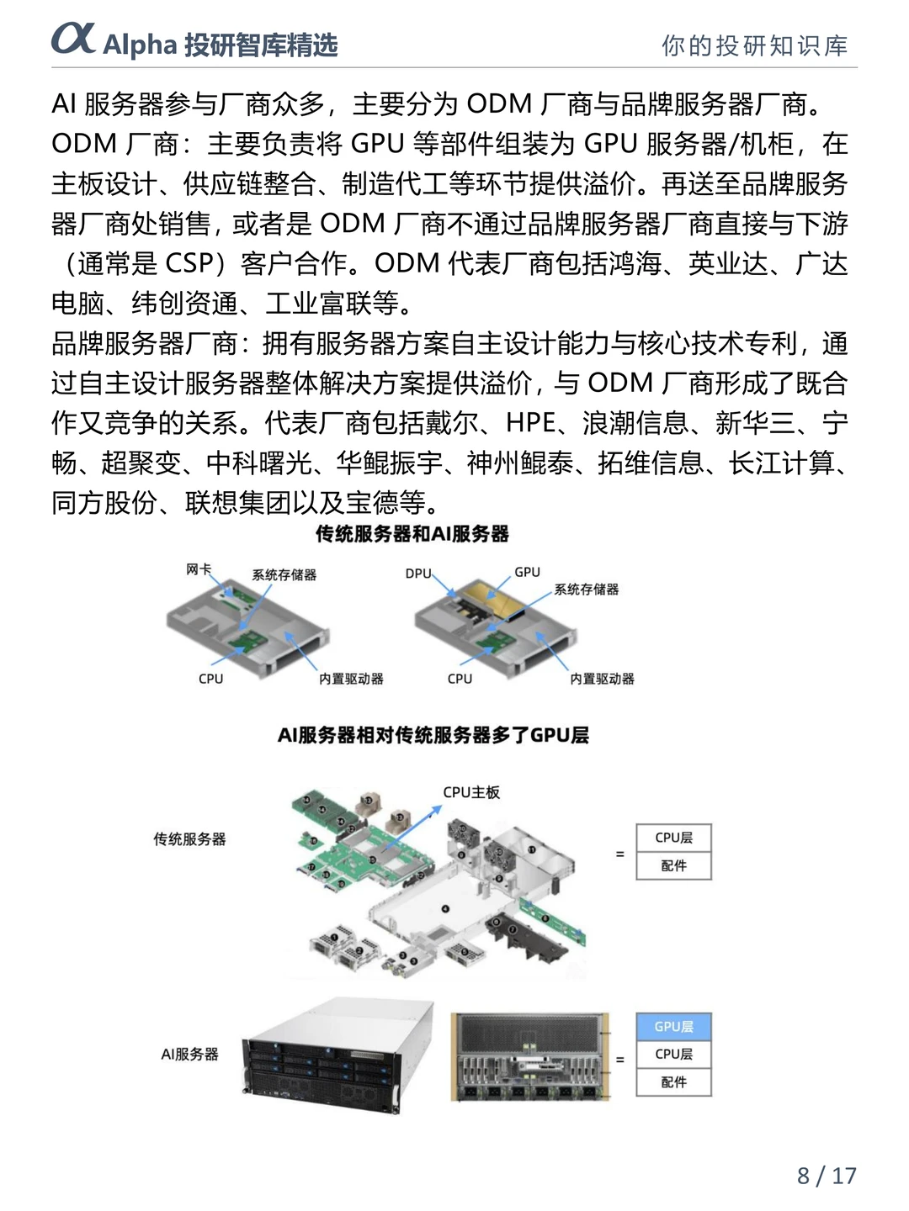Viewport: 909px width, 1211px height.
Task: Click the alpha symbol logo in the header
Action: click(73, 39)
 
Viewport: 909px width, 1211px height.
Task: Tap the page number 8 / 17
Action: click(826, 1175)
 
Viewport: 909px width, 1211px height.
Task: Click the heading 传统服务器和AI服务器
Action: click(412, 534)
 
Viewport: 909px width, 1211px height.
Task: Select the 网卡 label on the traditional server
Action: click(198, 569)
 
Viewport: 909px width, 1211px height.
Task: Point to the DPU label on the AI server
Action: click(417, 574)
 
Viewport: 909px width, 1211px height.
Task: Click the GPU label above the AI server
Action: click(527, 572)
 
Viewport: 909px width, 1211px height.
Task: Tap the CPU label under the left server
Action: click(210, 679)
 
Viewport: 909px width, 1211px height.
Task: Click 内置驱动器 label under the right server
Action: click(602, 679)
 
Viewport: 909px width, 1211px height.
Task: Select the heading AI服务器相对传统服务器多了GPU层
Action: click(433, 735)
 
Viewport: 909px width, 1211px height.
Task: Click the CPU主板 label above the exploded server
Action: click(471, 792)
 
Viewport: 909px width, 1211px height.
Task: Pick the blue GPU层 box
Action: click(673, 1026)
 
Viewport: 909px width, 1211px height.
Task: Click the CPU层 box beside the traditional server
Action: click(673, 838)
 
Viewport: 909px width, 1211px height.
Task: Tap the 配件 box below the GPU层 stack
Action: click(673, 1081)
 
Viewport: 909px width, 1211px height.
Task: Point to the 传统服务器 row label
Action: click(189, 839)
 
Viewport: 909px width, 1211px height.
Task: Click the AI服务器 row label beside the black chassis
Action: click(189, 1054)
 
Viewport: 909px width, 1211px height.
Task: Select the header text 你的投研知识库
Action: click(754, 45)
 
